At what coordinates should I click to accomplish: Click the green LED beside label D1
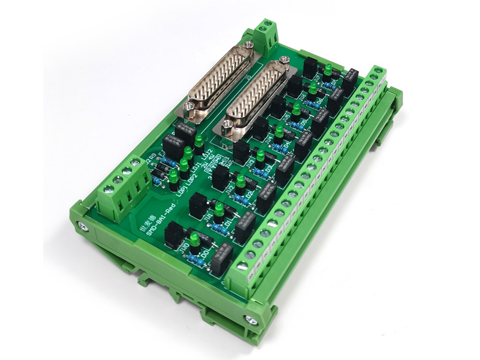[219, 209]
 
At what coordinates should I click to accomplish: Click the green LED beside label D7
[328, 70]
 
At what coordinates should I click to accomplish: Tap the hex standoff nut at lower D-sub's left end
[227, 125]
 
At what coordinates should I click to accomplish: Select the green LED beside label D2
[239, 181]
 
